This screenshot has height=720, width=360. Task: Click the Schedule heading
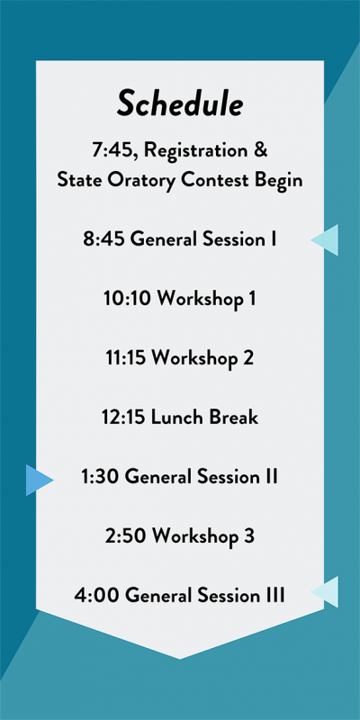coord(179,104)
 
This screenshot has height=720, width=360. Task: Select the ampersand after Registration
coord(260,150)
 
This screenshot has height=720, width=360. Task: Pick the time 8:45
coord(103,239)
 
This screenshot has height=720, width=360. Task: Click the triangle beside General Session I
coord(325,239)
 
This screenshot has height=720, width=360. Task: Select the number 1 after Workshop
coord(251,299)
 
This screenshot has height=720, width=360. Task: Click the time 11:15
coord(126,358)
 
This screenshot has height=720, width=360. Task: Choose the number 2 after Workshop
coord(247,358)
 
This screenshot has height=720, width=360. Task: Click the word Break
coord(234,418)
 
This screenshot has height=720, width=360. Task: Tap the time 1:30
coord(101,477)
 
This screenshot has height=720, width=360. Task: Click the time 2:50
coord(126,535)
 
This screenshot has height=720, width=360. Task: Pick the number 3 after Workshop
coord(248,535)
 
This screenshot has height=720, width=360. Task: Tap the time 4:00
coord(97,596)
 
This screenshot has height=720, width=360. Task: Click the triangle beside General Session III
coord(325,591)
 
